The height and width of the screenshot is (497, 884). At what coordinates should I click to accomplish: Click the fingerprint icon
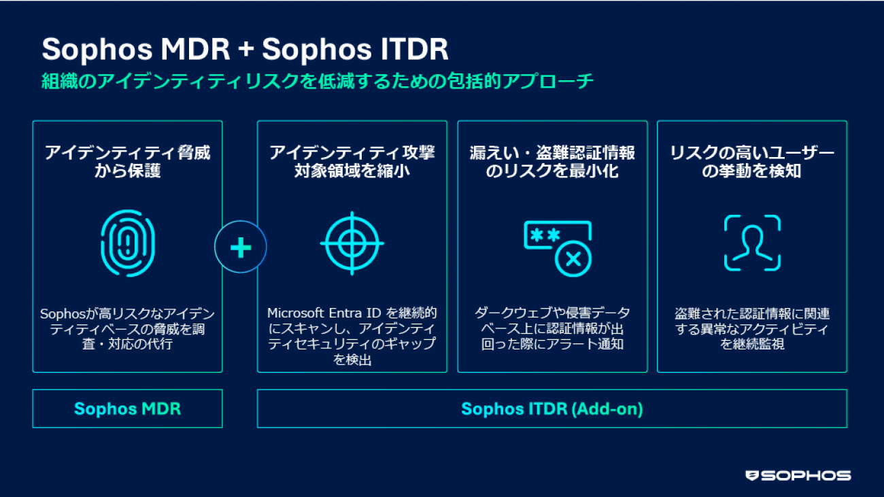[x=127, y=243]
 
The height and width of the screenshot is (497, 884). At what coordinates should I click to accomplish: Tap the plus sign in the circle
[x=241, y=247]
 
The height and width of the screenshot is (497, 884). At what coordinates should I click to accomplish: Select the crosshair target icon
[x=352, y=243]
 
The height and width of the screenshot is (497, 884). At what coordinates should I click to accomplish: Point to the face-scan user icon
[x=752, y=243]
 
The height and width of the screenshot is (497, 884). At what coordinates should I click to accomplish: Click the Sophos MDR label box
[x=127, y=409]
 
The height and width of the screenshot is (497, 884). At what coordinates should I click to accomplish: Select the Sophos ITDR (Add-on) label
[x=552, y=409]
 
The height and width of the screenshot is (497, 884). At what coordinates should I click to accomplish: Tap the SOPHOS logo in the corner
[x=798, y=475]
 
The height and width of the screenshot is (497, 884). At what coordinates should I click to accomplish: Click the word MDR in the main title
[x=195, y=50]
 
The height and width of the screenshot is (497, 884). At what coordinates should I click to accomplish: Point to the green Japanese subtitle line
[x=318, y=82]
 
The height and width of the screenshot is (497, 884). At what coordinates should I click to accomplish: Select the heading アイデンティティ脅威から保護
[x=127, y=162]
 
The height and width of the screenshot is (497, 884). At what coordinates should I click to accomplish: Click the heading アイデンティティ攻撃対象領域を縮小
[x=352, y=162]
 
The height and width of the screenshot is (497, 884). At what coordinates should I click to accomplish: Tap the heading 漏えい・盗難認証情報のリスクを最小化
[x=552, y=162]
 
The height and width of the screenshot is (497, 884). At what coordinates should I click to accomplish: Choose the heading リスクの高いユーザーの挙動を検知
[x=752, y=162]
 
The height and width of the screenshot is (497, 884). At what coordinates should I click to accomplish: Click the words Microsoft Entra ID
[x=324, y=313]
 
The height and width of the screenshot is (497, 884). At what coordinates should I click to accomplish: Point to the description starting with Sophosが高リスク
[x=127, y=328]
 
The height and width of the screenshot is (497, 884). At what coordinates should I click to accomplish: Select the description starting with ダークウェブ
[x=552, y=328]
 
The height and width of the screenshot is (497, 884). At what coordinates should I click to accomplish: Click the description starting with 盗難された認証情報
[x=752, y=328]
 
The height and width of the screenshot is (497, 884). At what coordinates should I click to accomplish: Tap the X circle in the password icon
[x=573, y=259]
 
